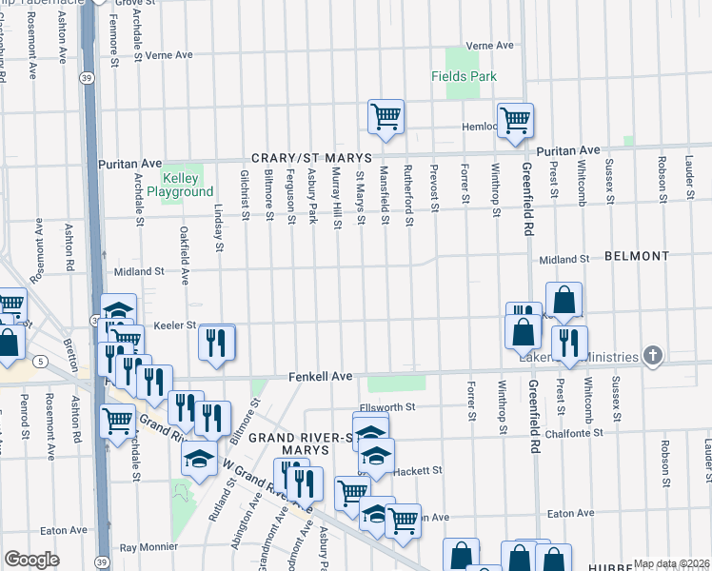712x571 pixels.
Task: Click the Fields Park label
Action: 464,77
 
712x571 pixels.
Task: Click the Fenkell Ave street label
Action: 321,377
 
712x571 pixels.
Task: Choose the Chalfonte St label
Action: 576,433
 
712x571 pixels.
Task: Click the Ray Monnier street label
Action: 149,548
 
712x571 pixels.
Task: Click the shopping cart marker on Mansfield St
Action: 386,118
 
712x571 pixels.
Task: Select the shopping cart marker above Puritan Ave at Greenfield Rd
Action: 515,121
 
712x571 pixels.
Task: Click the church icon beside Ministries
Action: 652,356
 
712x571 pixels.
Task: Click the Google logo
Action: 31,560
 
